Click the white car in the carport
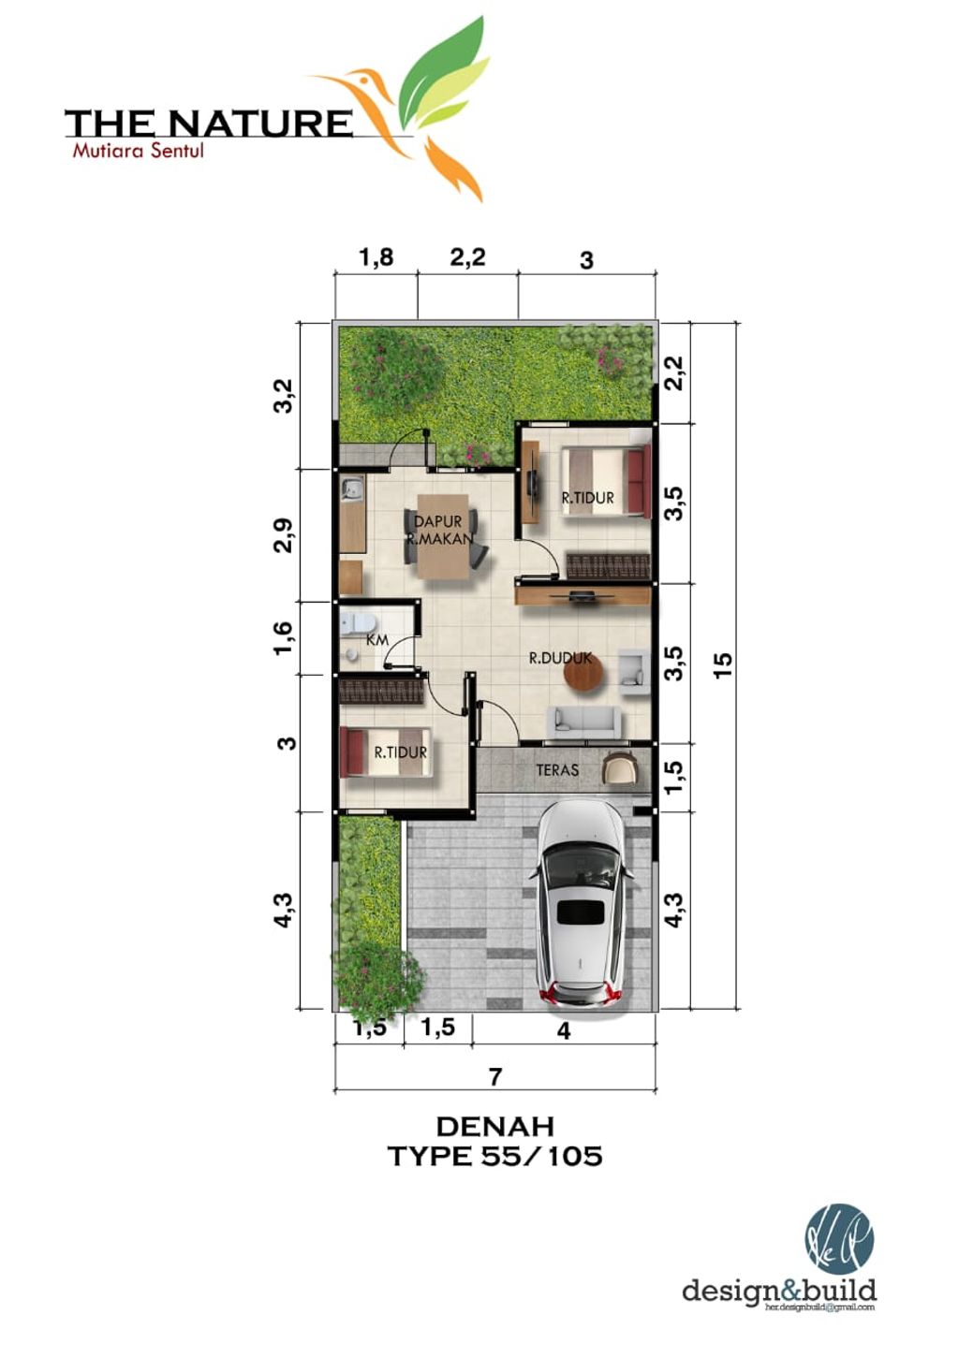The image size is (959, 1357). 581,903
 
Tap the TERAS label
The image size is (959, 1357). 557,770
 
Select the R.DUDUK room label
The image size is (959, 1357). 560,658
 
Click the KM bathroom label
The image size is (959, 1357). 377,640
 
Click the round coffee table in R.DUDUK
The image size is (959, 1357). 584,673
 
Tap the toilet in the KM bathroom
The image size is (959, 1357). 359,622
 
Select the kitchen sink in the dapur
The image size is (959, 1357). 352,488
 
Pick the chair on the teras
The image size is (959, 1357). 620,768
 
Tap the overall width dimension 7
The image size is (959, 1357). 495,1076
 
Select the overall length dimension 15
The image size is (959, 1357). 722,664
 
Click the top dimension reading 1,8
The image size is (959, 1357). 376,257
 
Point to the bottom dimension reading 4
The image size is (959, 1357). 563,1030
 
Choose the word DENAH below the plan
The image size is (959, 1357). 494,1125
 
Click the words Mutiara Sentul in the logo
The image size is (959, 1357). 138,150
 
